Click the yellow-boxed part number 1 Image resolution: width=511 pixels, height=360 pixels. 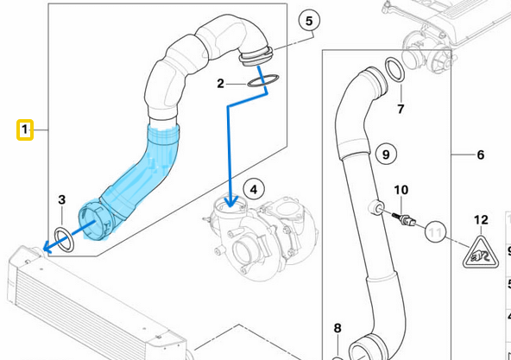(25, 130)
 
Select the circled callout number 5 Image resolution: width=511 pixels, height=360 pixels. (309, 20)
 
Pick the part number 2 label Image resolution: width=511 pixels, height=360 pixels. (221, 84)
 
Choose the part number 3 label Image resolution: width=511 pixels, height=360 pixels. (61, 200)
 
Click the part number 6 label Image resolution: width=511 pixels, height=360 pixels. (481, 155)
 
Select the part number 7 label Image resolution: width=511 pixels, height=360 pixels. (401, 109)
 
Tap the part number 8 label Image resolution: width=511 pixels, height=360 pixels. (338, 328)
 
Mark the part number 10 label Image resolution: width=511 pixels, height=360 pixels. (401, 190)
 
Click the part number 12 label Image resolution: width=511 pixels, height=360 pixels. (481, 221)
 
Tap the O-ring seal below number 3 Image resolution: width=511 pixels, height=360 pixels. (63, 236)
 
